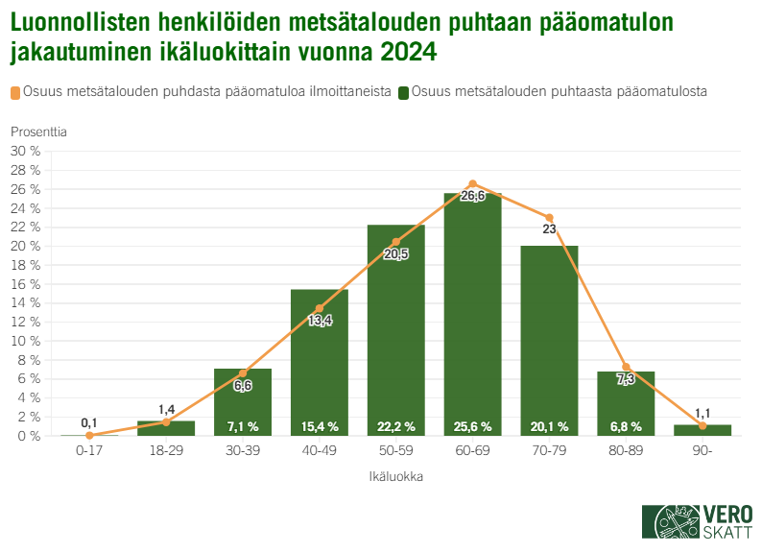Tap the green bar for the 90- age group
point(702,430)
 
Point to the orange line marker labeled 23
point(549,218)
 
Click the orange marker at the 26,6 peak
point(472,183)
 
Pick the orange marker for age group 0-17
point(89,435)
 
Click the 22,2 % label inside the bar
point(395,426)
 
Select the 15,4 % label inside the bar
point(319,426)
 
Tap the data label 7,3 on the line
point(626,379)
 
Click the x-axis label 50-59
point(395,449)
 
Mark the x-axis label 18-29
point(165,449)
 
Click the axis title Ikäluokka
point(395,475)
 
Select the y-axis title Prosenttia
point(39,131)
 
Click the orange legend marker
point(16,92)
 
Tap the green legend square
point(404,92)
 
